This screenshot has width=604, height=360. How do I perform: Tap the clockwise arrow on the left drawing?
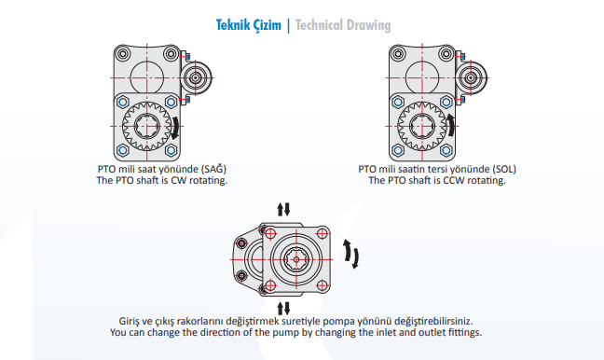tap(175, 128)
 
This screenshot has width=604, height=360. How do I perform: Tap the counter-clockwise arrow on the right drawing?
tap(450, 125)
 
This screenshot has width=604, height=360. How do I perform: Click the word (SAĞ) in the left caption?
tap(213, 169)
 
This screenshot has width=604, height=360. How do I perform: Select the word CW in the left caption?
tap(179, 180)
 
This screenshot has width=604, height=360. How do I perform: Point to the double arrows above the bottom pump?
tap(283, 209)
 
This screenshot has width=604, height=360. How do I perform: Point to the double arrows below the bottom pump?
tap(283, 309)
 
